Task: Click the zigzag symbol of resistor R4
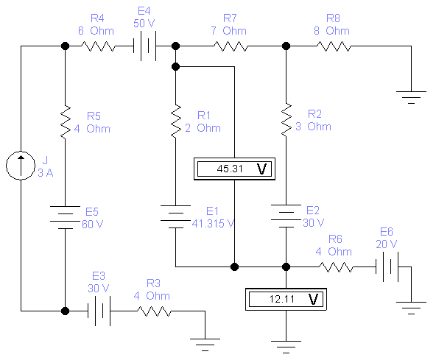coord(98,46)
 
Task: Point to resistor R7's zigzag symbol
coord(231,46)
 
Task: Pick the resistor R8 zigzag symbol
coord(334,46)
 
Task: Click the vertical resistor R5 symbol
coord(66,121)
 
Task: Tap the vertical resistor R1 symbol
coord(176,121)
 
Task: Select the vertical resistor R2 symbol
coord(286,120)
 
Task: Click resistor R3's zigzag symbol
coord(155,311)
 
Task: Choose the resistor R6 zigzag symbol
coord(336,267)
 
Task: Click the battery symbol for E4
coord(144,46)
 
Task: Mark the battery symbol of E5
coord(66,217)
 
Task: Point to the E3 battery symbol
coord(99,311)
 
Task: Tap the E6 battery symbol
coord(387,267)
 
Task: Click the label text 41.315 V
coord(213,224)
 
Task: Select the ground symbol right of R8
coord(411,97)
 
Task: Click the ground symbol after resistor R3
coord(205,345)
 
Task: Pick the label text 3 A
coord(46,173)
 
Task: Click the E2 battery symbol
coord(286,216)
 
